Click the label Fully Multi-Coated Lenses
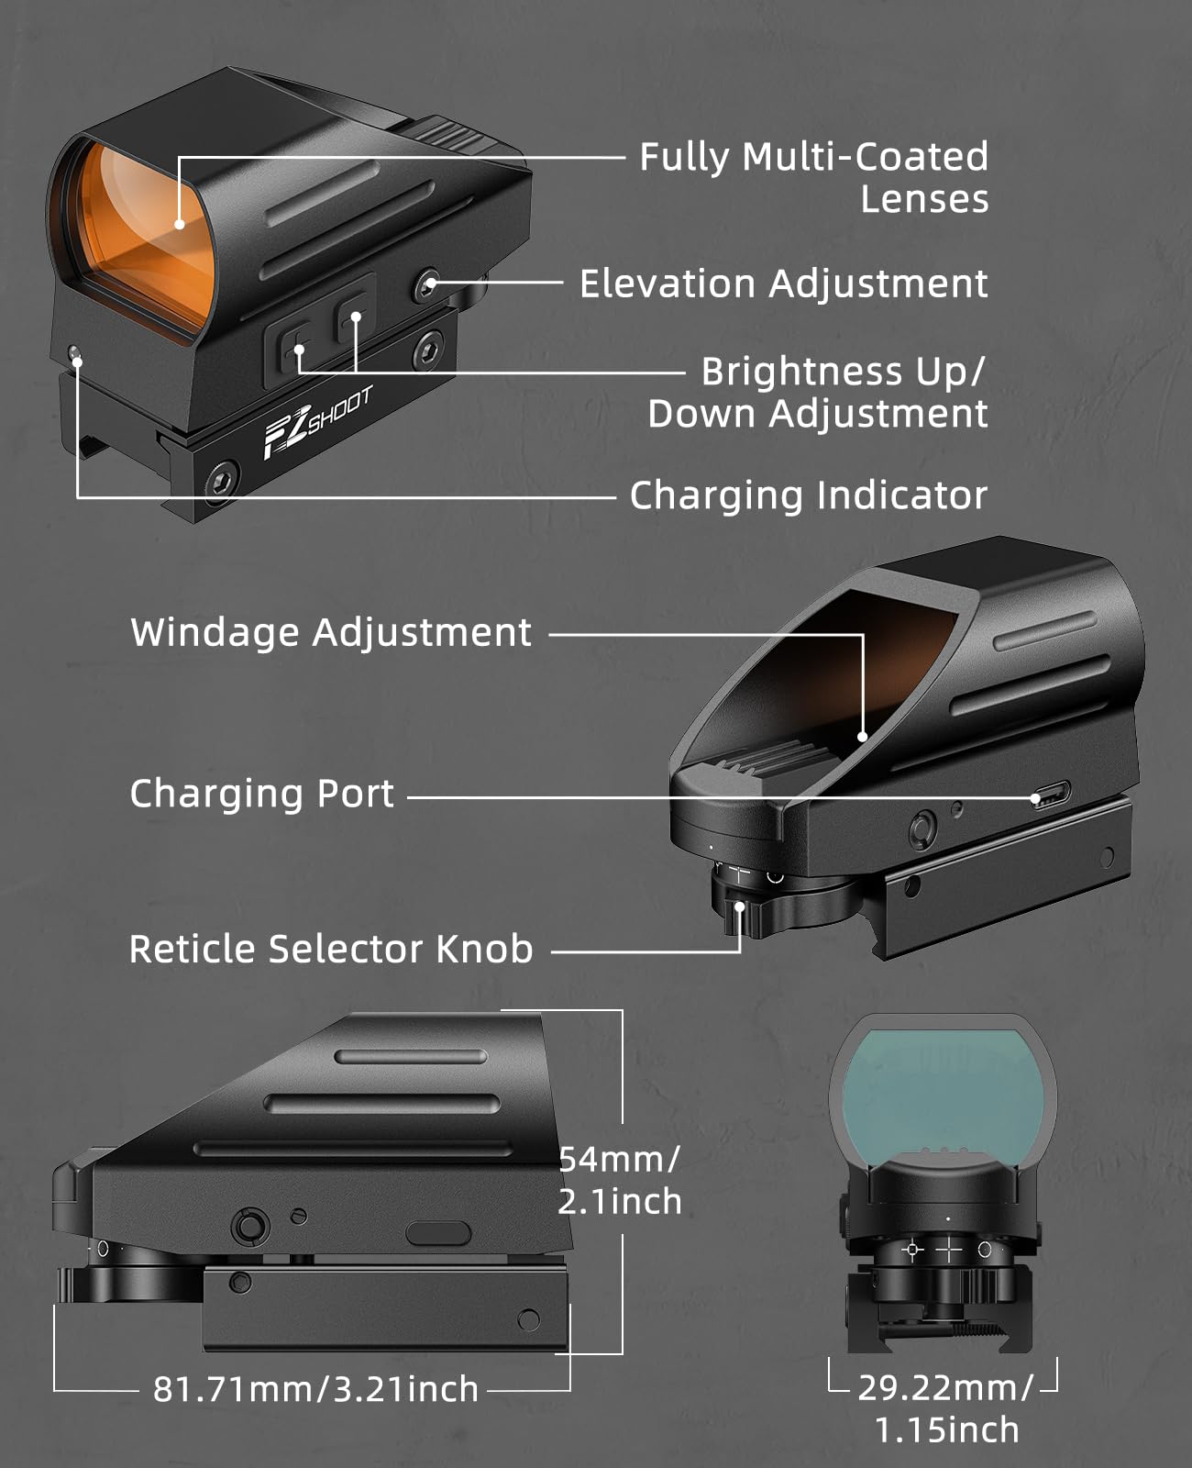click(814, 177)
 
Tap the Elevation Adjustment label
click(784, 284)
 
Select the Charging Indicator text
click(809, 495)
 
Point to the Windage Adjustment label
click(331, 633)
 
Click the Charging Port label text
click(261, 794)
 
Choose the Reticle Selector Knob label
click(331, 949)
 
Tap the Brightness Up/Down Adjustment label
click(817, 392)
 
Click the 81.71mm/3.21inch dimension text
click(315, 1389)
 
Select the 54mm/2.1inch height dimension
click(619, 1181)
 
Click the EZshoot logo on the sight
click(318, 422)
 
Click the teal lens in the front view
click(943, 1093)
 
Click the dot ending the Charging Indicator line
click(77, 361)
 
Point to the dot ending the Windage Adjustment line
click(862, 737)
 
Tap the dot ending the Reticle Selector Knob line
click(740, 907)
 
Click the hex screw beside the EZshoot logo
click(223, 480)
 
